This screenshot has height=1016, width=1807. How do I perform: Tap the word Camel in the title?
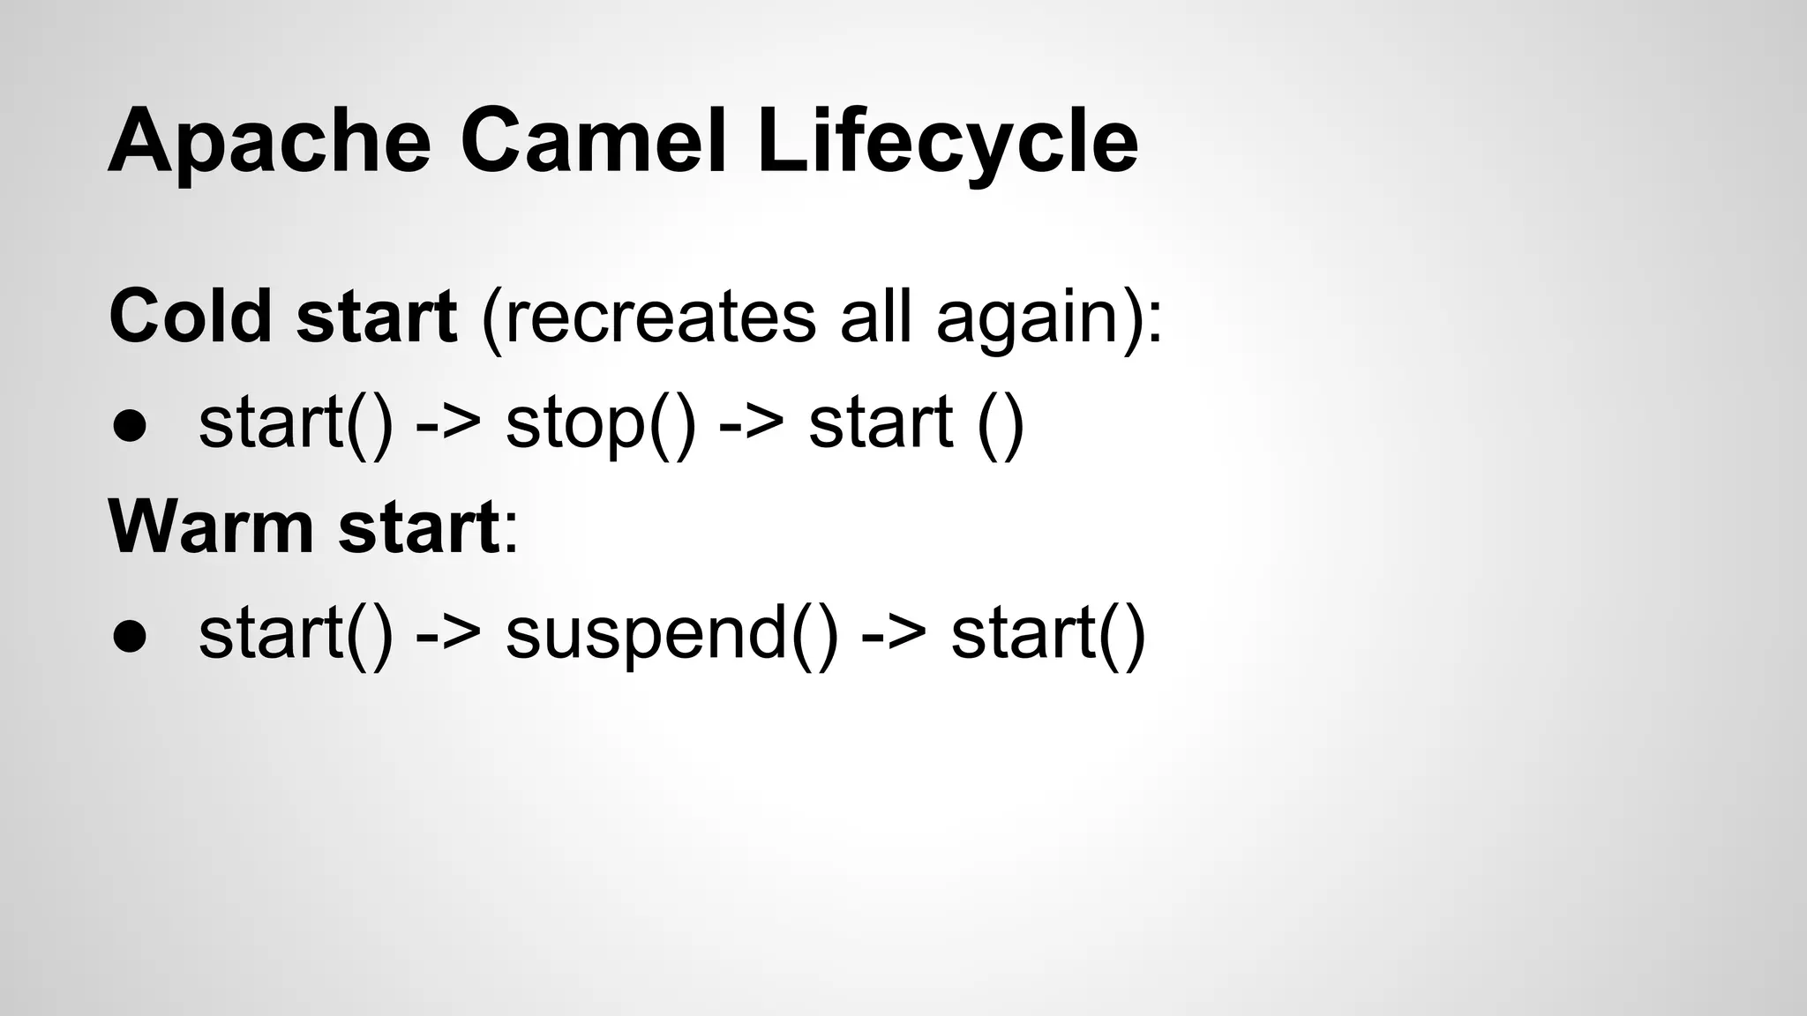coord(592,141)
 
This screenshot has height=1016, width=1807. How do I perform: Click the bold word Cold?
coord(191,317)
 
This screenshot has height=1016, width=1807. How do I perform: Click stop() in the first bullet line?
coord(601,425)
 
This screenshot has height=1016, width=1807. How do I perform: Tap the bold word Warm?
coord(211,527)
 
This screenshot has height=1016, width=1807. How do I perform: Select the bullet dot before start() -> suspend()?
coord(129,636)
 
